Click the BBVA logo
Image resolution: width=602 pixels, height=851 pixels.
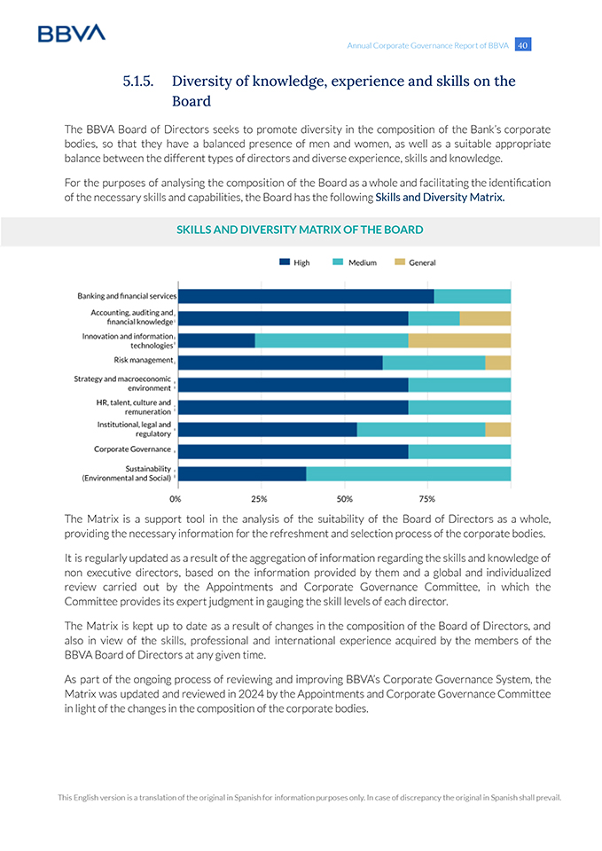tap(71, 33)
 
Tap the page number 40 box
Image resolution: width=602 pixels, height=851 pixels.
tap(522, 45)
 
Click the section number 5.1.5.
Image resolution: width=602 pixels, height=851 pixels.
tap(137, 82)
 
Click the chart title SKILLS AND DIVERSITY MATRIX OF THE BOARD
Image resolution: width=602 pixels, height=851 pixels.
tap(300, 230)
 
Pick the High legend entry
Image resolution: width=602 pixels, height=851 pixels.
tap(295, 262)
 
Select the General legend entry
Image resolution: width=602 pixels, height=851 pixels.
tap(415, 262)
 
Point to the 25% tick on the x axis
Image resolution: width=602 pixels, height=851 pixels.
tap(259, 498)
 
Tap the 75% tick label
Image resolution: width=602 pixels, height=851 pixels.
tap(426, 498)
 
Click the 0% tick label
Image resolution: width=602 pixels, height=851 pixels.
tap(176, 498)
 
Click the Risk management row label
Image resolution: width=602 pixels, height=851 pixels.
tap(143, 361)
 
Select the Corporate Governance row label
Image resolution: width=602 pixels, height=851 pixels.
tap(132, 449)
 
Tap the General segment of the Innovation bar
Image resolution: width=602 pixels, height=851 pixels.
tap(459, 340)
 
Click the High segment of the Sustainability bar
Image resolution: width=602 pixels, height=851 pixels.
tap(242, 473)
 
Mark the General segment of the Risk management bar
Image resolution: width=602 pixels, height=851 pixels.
tap(497, 363)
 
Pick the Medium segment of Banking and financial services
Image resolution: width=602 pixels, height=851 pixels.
tap(473, 296)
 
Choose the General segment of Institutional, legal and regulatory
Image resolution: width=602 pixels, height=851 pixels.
tap(497, 429)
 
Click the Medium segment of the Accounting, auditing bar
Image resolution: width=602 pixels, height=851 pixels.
tap(434, 318)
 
